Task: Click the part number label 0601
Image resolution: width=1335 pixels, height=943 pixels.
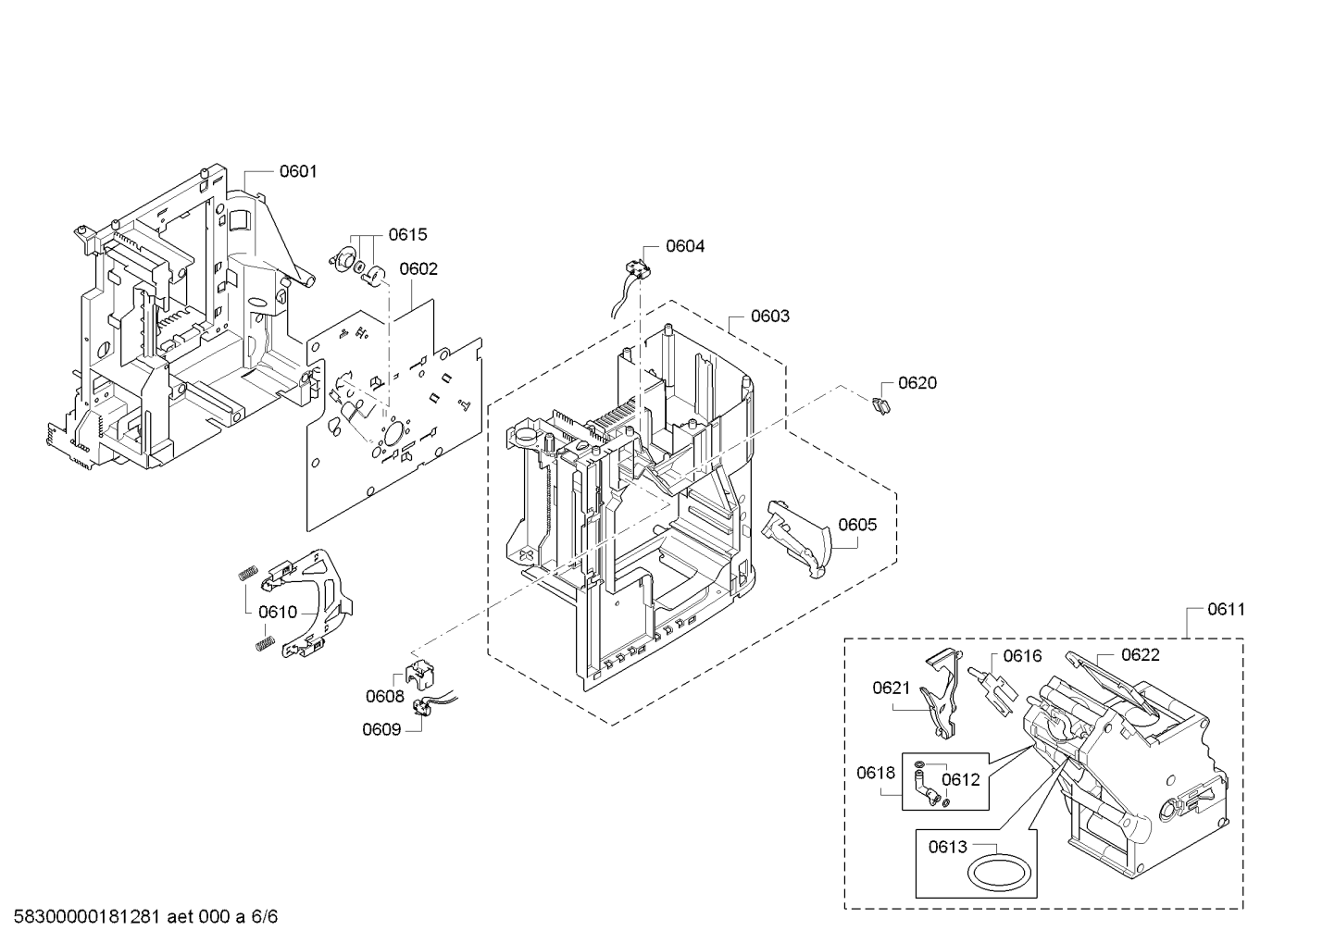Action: [298, 171]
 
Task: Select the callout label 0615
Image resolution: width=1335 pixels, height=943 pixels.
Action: [407, 235]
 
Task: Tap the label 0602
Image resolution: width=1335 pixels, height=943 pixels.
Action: [418, 269]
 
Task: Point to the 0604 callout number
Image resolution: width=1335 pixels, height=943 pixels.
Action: [685, 246]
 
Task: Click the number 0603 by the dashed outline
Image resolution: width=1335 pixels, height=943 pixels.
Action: [770, 316]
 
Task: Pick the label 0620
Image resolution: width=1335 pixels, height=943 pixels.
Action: [917, 382]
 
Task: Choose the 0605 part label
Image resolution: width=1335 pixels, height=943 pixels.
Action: [857, 525]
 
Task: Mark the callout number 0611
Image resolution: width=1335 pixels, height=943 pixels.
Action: [1226, 609]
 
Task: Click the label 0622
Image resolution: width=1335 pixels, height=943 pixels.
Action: [1140, 654]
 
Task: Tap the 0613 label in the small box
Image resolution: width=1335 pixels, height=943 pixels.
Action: [948, 846]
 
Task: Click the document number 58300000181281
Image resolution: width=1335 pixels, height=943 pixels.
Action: [87, 916]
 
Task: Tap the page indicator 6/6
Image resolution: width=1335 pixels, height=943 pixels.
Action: [264, 916]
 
